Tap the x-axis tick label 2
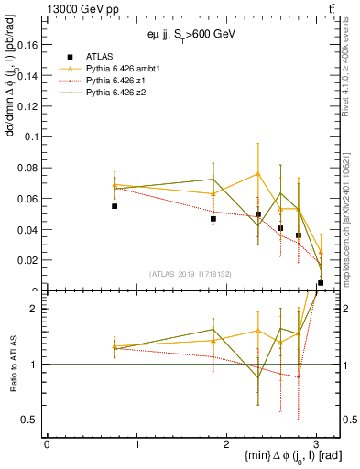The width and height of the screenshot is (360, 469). click(x=226, y=443)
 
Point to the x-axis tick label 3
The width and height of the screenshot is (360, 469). click(x=316, y=443)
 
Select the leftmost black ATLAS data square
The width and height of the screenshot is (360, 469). click(x=115, y=206)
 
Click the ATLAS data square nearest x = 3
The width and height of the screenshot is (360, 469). click(x=321, y=283)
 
